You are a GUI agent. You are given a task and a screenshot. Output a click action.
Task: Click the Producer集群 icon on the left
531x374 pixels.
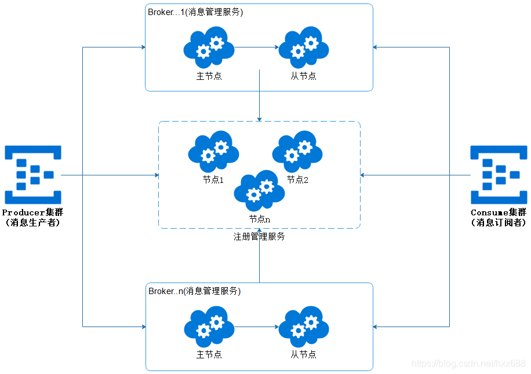[33, 174]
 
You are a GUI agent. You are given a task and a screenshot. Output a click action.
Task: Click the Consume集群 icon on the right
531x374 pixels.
[499, 174]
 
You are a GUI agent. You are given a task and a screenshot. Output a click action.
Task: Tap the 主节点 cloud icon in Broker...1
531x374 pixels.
[209, 47]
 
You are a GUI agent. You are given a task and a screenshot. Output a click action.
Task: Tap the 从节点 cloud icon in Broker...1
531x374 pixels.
[304, 47]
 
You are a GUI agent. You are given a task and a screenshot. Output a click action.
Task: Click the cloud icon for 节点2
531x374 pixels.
[297, 152]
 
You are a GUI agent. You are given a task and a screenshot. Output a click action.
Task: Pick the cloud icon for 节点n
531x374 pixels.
[259, 191]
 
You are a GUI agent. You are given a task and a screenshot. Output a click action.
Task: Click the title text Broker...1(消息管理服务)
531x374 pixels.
[195, 13]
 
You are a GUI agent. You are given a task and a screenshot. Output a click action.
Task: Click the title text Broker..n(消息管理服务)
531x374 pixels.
[194, 291]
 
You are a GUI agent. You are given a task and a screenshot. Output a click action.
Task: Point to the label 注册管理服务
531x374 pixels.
[259, 236]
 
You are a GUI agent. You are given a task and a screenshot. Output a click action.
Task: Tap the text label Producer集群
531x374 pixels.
[32, 212]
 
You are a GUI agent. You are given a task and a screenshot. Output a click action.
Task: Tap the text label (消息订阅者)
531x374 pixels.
[499, 222]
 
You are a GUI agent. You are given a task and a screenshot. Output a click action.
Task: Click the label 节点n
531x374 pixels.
[260, 219]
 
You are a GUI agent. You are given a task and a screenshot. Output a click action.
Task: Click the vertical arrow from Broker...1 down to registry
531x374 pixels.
[259, 96]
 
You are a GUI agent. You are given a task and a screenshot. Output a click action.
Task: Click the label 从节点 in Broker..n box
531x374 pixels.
[304, 354]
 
